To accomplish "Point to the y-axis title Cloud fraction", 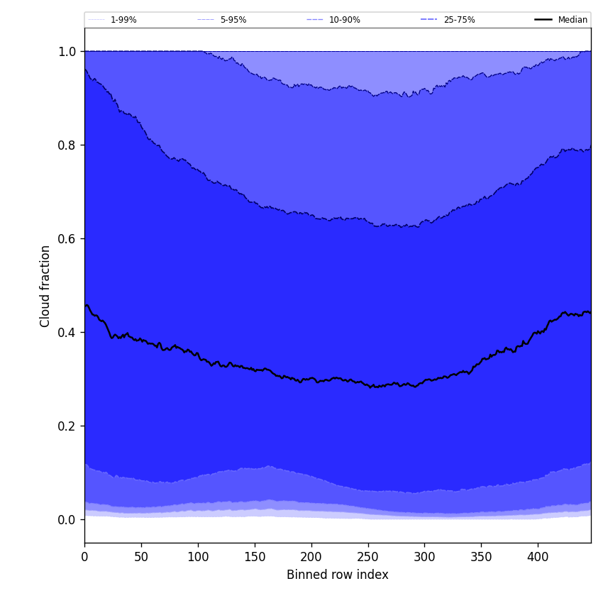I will click(45, 286).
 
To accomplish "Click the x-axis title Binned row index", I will click(338, 575).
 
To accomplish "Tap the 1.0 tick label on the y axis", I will click(67, 52).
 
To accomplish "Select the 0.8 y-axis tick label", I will click(67, 145).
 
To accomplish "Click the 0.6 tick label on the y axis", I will click(67, 239).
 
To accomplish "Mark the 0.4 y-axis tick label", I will click(67, 333).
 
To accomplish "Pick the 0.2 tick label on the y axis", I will click(67, 426).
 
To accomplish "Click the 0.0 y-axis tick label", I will click(67, 520).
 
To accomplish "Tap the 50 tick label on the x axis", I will click(141, 557).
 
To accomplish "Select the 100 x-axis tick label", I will click(198, 557).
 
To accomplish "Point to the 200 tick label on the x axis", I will click(311, 557).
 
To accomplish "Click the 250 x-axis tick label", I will click(368, 557).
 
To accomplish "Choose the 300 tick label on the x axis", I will click(424, 557).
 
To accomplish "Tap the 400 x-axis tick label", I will click(538, 557).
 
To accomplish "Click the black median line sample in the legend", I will click(543, 20).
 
